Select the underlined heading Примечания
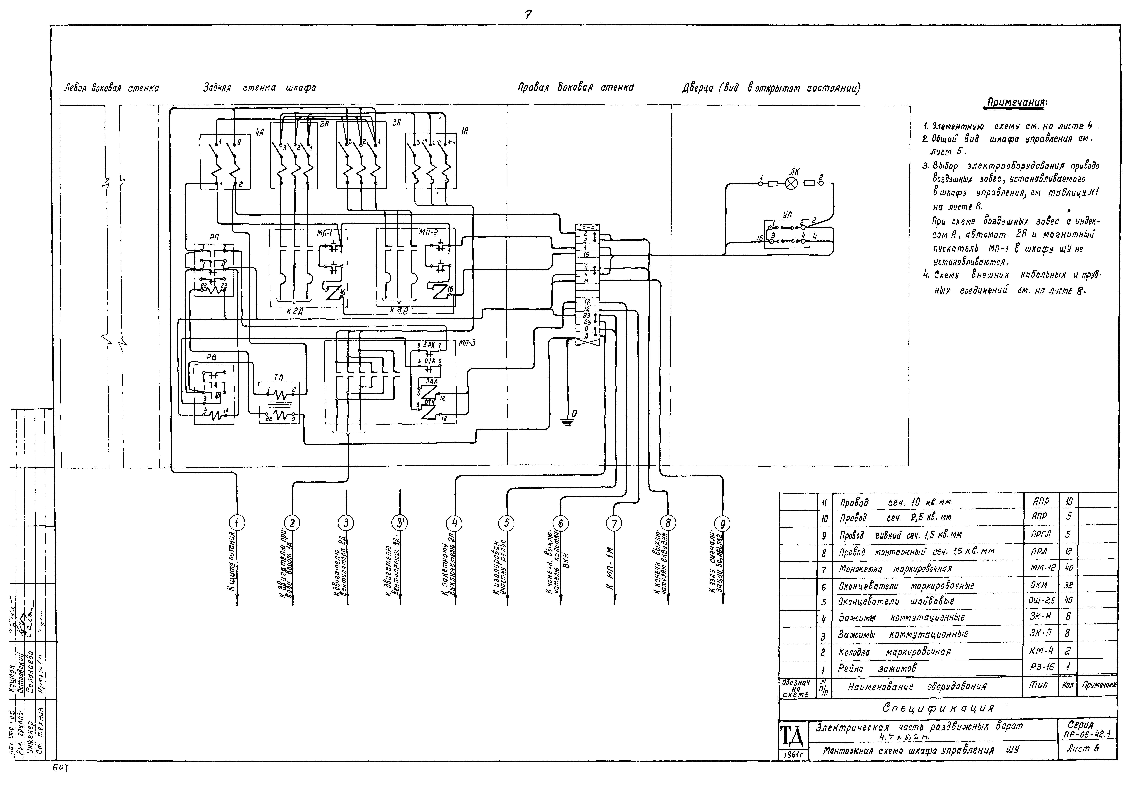coord(1016,103)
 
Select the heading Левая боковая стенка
coord(112,88)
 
